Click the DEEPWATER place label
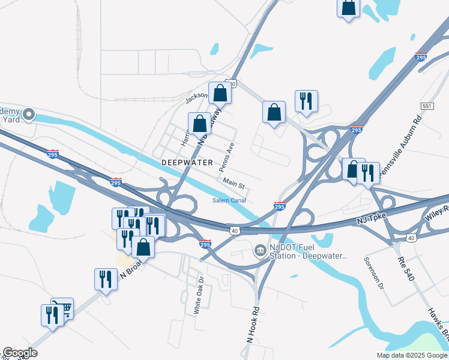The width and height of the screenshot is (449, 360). pyautogui.click(x=187, y=163)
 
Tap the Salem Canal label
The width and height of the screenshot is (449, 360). pyautogui.click(x=229, y=200)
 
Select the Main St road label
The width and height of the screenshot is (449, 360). pyautogui.click(x=234, y=181)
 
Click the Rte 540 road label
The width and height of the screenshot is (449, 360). pyautogui.click(x=406, y=267)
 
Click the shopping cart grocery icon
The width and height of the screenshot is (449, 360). pyautogui.click(x=63, y=308)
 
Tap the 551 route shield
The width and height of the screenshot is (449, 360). pyautogui.click(x=427, y=105)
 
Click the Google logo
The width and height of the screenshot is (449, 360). pyautogui.click(x=19, y=353)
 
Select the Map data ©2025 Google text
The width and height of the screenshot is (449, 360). pyautogui.click(x=412, y=355)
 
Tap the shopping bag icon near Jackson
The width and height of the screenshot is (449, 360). pyautogui.click(x=220, y=93)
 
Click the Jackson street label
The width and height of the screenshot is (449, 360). pyautogui.click(x=196, y=96)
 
